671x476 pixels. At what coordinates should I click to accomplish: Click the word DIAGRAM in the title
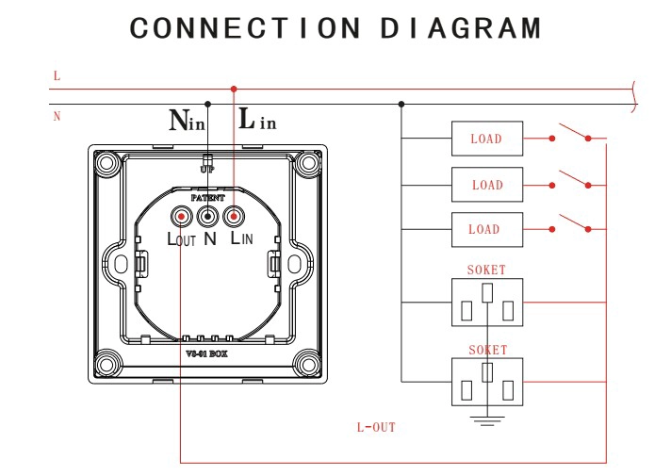(462, 28)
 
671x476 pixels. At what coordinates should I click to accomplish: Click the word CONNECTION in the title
(245, 28)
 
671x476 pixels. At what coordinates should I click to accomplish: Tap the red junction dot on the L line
(234, 89)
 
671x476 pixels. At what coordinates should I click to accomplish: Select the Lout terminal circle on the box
(182, 217)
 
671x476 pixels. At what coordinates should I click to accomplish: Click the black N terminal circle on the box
(207, 217)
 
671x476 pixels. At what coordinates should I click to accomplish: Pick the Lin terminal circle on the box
(234, 217)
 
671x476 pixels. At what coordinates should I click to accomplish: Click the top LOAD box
(487, 139)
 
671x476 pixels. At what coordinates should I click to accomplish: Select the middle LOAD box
(487, 185)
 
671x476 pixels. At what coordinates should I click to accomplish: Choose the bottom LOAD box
(487, 229)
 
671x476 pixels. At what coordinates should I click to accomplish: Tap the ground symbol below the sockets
(487, 420)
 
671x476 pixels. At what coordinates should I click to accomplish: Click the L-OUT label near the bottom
(376, 427)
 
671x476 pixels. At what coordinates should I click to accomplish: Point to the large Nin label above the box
(187, 120)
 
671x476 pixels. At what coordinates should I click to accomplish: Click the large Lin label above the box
(257, 119)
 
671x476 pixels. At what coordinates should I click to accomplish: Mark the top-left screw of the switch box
(106, 163)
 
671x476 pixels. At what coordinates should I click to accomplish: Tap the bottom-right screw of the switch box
(307, 365)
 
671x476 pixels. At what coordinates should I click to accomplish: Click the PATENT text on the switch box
(207, 198)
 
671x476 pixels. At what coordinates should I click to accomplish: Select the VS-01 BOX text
(206, 354)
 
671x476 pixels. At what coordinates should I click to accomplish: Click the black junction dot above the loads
(401, 104)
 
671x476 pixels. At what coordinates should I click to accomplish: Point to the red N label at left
(57, 117)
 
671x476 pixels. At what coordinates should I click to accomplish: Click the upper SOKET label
(486, 270)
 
